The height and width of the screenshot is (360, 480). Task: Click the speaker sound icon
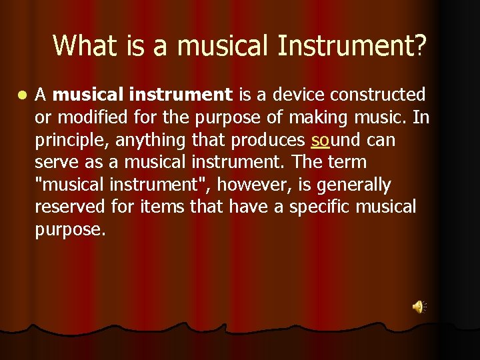(419, 307)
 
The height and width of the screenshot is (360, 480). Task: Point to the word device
(303, 95)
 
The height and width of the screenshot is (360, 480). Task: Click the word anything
(149, 141)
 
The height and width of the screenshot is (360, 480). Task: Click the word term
(347, 163)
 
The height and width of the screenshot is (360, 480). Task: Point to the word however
(247, 185)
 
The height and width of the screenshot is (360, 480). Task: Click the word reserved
(69, 207)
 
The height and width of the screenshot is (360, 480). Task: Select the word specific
(315, 207)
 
